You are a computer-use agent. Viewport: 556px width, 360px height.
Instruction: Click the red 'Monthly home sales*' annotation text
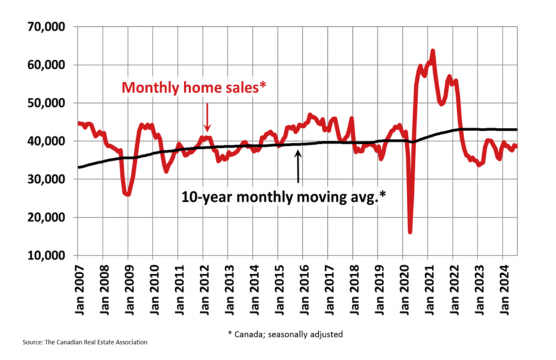point(193,88)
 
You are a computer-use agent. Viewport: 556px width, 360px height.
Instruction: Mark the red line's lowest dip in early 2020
point(410,232)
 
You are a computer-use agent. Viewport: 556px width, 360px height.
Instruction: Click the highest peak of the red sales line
point(433,51)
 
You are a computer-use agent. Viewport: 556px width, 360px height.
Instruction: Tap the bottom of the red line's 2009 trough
point(128,194)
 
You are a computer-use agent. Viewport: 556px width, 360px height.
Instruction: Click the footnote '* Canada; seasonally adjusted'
point(285,334)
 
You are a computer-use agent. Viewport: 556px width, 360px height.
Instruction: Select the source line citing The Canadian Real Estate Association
point(85,342)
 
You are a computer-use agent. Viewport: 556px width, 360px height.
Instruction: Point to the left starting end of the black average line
point(80,167)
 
